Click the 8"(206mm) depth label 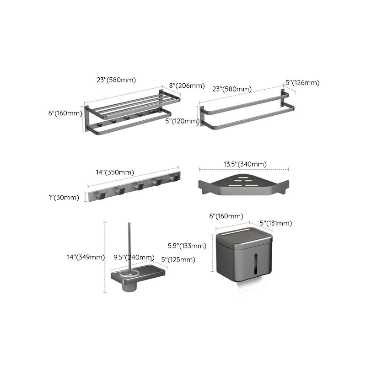[186, 86]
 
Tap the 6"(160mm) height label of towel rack [65, 113]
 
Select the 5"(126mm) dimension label [302, 83]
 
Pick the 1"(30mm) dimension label [64, 198]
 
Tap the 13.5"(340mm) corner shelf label [245, 164]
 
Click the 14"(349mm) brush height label [86, 257]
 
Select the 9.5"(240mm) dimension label [135, 257]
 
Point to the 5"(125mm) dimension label [178, 260]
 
